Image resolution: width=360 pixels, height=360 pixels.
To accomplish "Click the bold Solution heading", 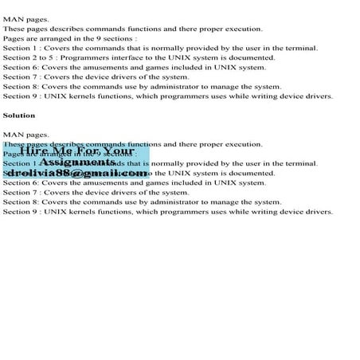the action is tap(19, 115).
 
